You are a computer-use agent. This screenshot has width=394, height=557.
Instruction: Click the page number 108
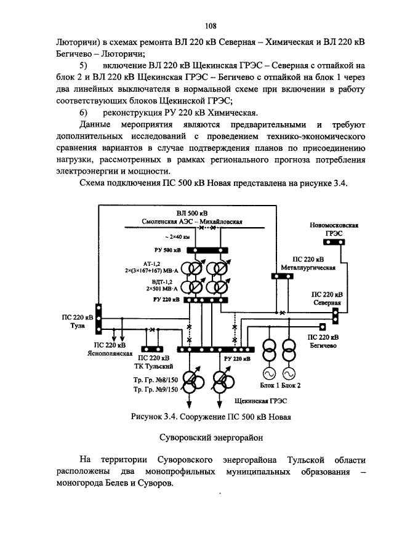coord(211,26)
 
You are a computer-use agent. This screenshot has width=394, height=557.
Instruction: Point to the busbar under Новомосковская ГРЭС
coord(335,242)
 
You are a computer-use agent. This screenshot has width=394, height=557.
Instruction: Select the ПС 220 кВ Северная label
coord(326,299)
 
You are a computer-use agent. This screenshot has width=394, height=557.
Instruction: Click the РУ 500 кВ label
coord(167,250)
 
